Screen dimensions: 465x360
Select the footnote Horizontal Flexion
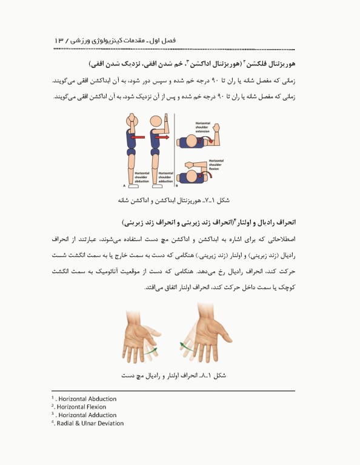coord(82,407)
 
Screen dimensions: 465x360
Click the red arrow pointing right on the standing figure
coord(161,137)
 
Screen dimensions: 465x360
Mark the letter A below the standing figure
coord(125,186)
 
